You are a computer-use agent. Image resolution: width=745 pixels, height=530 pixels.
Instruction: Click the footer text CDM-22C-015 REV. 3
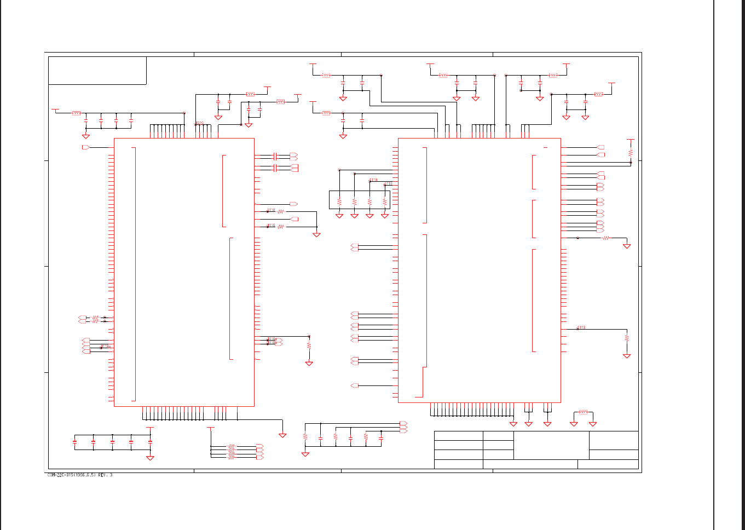80,475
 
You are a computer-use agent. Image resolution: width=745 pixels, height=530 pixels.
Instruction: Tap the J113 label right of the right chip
581,327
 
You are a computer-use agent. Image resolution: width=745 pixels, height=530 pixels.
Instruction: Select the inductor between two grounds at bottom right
583,412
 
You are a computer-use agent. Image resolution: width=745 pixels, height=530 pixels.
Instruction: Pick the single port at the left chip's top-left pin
85,148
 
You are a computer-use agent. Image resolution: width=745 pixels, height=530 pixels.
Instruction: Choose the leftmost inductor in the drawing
77,113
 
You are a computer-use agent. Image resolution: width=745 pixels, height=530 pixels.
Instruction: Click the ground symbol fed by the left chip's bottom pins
282,435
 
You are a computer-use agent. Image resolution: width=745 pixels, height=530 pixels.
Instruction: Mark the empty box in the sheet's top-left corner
97,71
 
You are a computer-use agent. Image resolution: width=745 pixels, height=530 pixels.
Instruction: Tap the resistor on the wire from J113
627,338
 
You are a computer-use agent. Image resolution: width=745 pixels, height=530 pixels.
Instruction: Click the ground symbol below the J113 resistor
627,356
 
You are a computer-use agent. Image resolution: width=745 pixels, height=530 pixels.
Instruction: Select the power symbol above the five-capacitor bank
150,428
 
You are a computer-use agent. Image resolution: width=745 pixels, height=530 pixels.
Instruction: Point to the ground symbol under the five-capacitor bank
150,458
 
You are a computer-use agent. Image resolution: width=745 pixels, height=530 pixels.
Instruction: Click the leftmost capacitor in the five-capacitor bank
75,441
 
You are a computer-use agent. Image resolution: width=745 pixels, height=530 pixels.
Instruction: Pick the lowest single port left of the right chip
355,386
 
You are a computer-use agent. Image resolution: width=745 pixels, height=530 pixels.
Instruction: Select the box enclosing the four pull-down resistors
360,199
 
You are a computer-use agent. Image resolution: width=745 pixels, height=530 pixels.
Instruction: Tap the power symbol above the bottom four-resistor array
211,428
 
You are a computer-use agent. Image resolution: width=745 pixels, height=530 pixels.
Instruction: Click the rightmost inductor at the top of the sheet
598,94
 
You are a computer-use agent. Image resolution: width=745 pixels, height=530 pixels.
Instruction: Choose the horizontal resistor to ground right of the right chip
605,238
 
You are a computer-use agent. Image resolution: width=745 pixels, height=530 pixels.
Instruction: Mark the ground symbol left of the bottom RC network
305,454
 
